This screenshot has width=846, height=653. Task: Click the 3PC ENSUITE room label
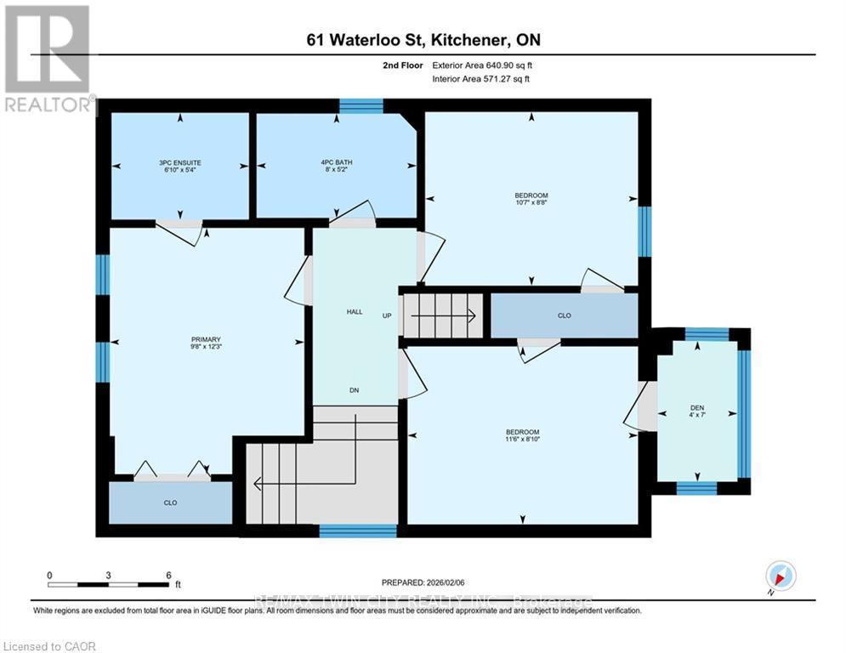[179, 162]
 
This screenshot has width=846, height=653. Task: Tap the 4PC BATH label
[337, 162]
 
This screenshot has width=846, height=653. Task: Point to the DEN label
[696, 407]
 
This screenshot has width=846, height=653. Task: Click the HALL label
[355, 312]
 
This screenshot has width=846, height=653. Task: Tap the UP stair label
[386, 315]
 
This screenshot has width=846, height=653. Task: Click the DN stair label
[355, 390]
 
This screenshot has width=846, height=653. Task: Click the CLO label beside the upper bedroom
[564, 315]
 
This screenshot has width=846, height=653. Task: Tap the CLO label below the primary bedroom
[170, 503]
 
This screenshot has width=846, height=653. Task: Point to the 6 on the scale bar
[169, 575]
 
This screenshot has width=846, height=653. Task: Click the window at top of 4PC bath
[361, 105]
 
